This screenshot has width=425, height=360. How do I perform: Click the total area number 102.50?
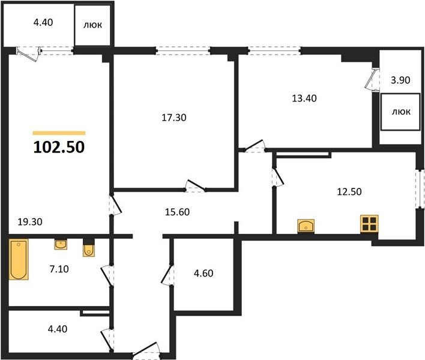(x=59, y=148)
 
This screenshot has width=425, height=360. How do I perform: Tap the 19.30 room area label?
(x=30, y=222)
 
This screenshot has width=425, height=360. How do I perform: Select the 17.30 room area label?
(x=174, y=118)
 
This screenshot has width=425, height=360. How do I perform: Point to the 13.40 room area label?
(x=304, y=98)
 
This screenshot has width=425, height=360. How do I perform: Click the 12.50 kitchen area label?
(x=349, y=191)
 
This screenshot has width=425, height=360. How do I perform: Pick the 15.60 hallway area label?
(x=177, y=212)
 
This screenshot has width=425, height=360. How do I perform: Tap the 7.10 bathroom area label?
(x=59, y=269)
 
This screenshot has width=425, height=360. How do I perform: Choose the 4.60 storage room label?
(x=203, y=273)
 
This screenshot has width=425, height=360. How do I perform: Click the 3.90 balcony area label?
(x=400, y=80)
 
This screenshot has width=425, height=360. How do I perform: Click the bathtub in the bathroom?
(x=19, y=259)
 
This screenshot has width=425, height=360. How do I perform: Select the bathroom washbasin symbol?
(x=61, y=244)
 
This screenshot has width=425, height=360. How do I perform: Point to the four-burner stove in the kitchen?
(x=369, y=224)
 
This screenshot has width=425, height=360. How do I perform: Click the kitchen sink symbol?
(x=306, y=226)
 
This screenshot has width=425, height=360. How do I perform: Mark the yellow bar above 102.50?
(x=59, y=133)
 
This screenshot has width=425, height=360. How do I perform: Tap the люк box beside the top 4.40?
(x=92, y=25)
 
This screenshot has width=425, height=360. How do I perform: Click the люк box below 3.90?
(x=400, y=112)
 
